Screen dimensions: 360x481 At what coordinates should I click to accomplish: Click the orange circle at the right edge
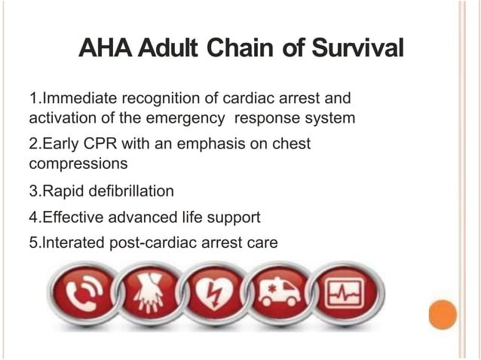coord(442,314)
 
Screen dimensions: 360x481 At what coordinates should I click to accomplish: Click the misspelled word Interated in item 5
coord(73,243)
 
